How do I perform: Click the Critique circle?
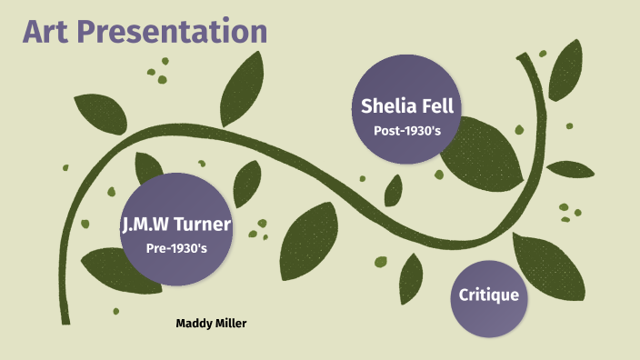[488, 295]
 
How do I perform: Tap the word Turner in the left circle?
[205, 225]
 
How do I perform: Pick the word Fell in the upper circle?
[435, 105]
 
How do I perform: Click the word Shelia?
[386, 105]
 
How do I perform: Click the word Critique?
[488, 295]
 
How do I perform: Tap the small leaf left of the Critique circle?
[412, 276]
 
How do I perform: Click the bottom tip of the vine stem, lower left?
[65, 318]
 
